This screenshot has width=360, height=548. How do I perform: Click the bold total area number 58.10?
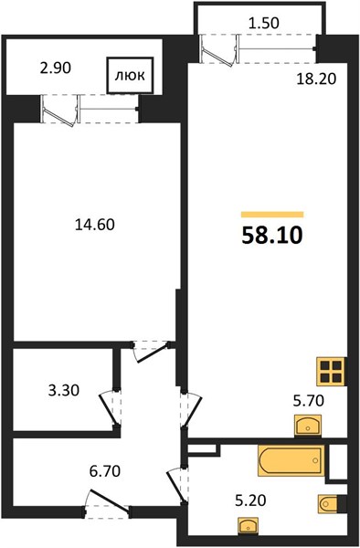click(272, 236)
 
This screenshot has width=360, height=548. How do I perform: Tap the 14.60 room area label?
click(95, 225)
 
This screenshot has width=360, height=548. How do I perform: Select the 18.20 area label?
click(316, 79)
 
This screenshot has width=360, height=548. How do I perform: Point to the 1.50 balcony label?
click(263, 23)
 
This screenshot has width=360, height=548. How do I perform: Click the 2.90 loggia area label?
click(56, 68)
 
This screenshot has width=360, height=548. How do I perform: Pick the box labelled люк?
click(130, 75)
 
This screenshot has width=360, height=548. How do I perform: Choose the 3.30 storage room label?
click(64, 390)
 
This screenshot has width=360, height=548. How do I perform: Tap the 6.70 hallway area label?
click(105, 470)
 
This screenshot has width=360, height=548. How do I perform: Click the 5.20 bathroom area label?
click(250, 501)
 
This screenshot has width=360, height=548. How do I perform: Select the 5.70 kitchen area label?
click(309, 400)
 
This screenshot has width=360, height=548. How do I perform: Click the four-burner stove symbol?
click(331, 371)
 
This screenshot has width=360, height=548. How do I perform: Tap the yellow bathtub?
click(291, 460)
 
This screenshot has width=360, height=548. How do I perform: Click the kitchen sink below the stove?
click(308, 426)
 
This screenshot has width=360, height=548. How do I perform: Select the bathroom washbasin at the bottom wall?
click(249, 525)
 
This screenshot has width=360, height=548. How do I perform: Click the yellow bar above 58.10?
click(272, 215)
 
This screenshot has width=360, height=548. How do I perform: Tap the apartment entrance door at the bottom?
click(107, 504)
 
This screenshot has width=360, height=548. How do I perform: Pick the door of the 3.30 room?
click(110, 408)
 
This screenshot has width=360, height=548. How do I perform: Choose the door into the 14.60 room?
click(150, 352)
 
